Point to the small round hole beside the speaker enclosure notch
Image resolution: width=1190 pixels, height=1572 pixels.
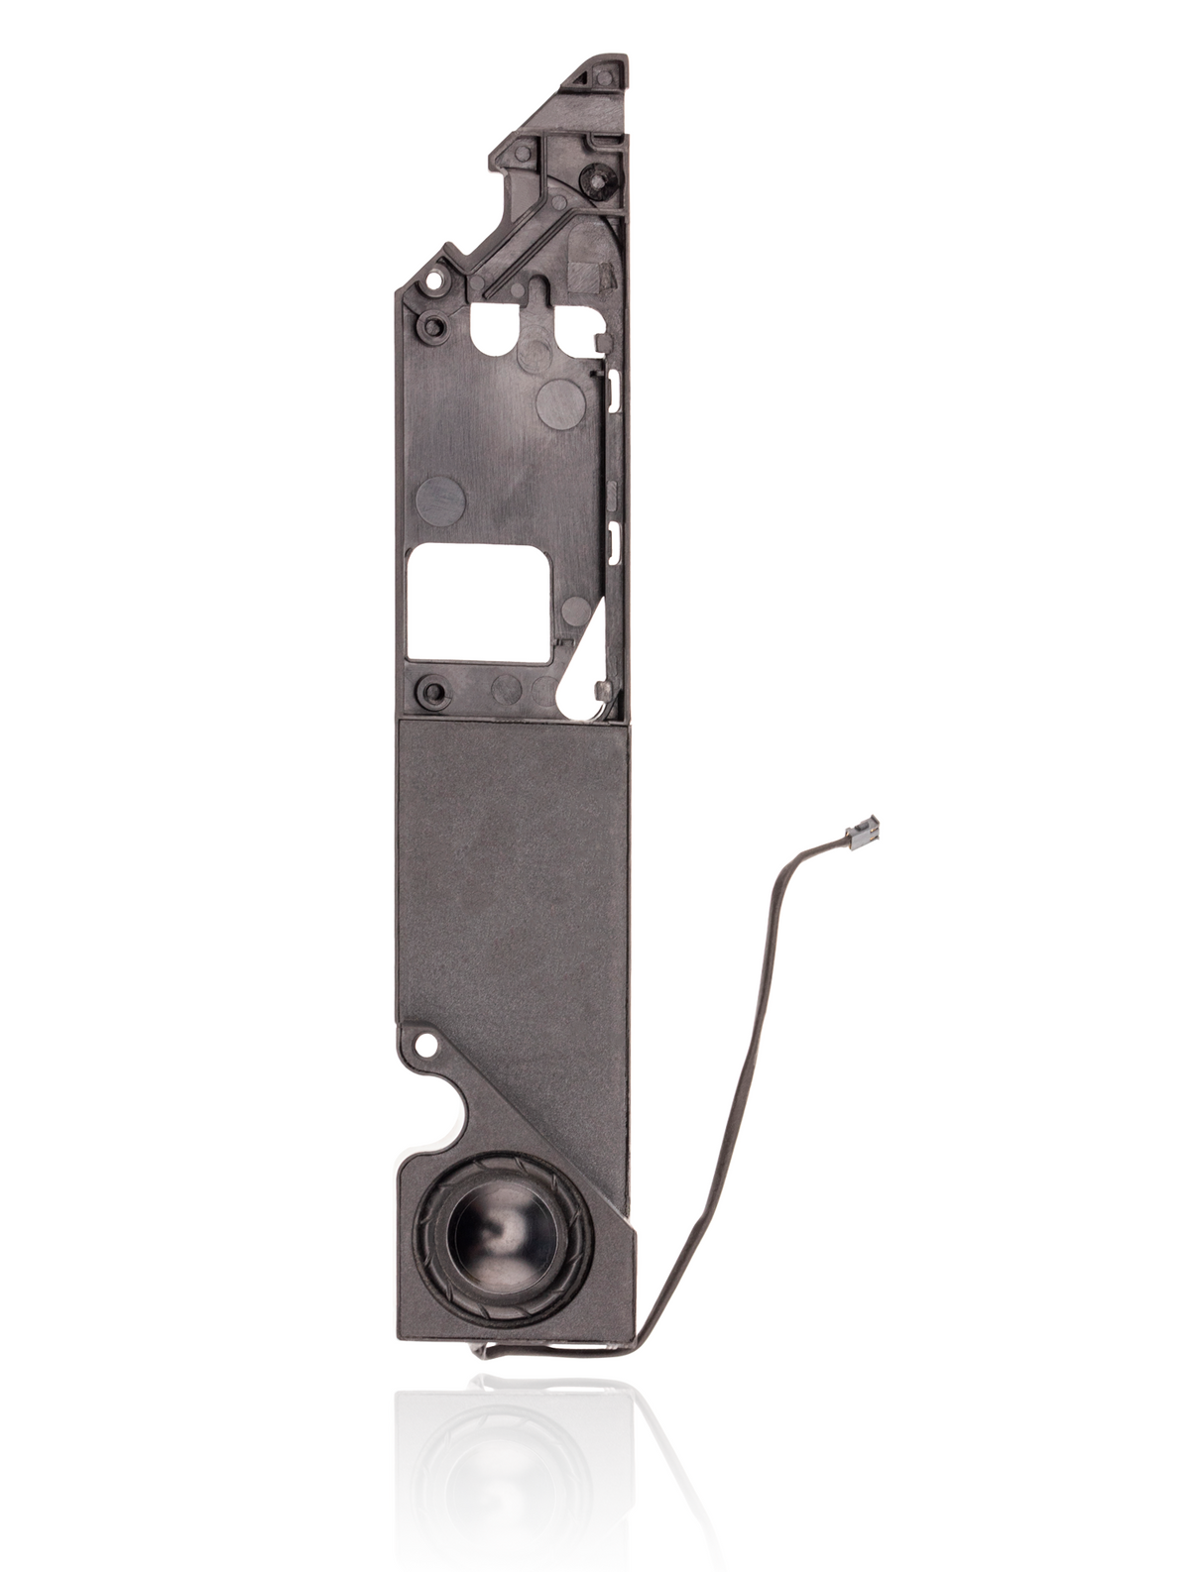pyautogui.click(x=428, y=1043)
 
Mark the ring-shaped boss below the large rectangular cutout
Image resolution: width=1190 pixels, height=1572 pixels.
pyautogui.click(x=430, y=687)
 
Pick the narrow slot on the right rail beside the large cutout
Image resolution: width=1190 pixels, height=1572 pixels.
pyautogui.click(x=612, y=537)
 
